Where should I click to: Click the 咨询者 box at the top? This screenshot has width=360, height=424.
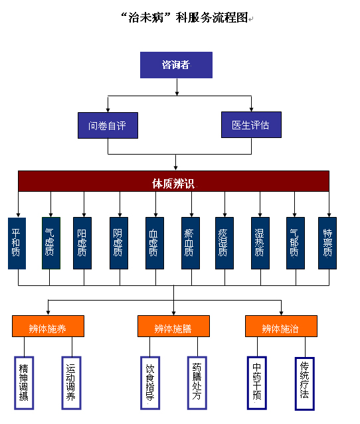[176, 65]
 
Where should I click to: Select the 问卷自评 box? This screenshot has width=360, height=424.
[108, 125]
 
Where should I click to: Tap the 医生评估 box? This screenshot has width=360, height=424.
[251, 125]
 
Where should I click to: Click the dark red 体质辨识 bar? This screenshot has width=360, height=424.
[173, 181]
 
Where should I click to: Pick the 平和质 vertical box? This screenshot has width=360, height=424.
[17, 244]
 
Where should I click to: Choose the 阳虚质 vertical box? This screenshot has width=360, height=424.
[82, 243]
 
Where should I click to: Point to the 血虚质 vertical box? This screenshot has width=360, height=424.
[155, 243]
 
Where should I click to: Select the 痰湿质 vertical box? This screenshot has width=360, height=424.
[225, 243]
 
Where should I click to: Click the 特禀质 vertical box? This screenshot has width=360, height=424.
[327, 243]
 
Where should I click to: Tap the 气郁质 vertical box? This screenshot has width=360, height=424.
[296, 243]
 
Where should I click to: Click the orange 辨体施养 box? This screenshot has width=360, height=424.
[48, 326]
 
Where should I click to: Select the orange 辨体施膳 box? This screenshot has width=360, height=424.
[173, 326]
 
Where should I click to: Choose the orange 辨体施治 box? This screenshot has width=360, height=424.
[281, 326]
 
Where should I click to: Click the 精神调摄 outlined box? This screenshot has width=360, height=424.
[24, 383]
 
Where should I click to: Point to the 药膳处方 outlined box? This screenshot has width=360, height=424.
[197, 383]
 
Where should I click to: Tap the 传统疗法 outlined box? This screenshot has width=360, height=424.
[304, 384]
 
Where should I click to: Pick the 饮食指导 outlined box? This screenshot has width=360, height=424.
[150, 383]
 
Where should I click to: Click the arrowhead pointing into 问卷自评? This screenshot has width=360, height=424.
[108, 110]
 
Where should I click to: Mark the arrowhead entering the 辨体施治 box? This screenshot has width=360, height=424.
[281, 313]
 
